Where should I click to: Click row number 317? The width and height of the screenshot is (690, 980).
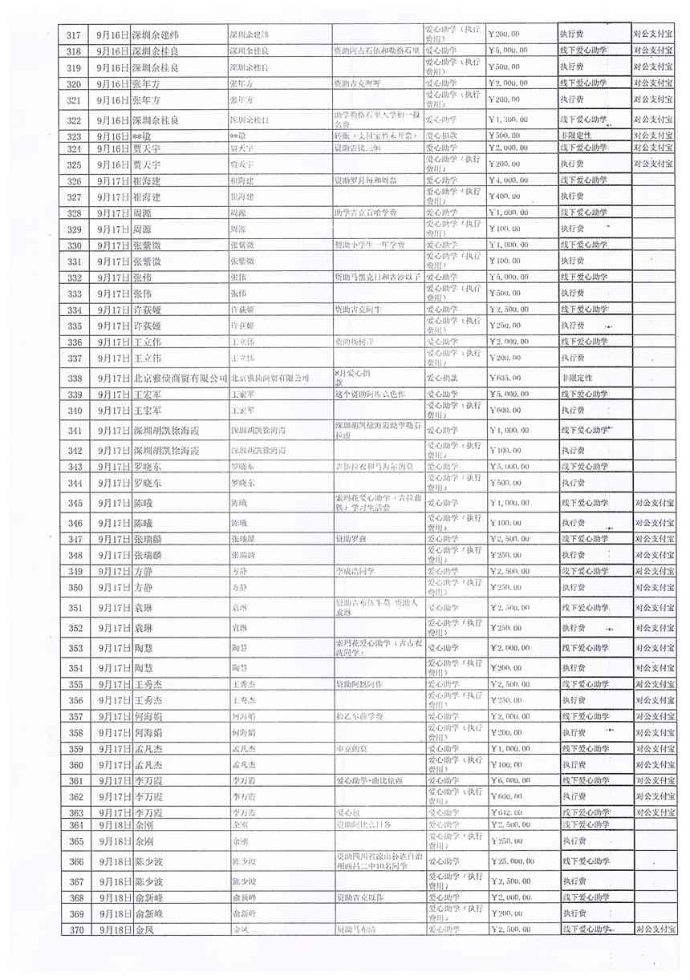(74, 34)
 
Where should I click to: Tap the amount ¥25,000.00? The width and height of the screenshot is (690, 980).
(514, 861)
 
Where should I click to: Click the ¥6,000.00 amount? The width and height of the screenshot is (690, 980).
(510, 780)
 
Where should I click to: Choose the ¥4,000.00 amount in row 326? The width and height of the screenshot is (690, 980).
(510, 180)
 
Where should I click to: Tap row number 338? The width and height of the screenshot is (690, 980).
(74, 379)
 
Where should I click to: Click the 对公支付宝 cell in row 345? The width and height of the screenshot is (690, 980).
(654, 503)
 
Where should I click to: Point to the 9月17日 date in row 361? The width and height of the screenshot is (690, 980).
(112, 780)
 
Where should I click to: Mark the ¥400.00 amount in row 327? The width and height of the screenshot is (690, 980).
(507, 196)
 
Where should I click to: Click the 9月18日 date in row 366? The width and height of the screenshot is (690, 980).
(112, 861)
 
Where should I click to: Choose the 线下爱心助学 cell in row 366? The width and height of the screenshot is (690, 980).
(584, 861)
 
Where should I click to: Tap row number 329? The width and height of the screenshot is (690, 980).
(74, 229)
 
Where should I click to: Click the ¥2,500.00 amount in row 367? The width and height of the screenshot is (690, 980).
(510, 881)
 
